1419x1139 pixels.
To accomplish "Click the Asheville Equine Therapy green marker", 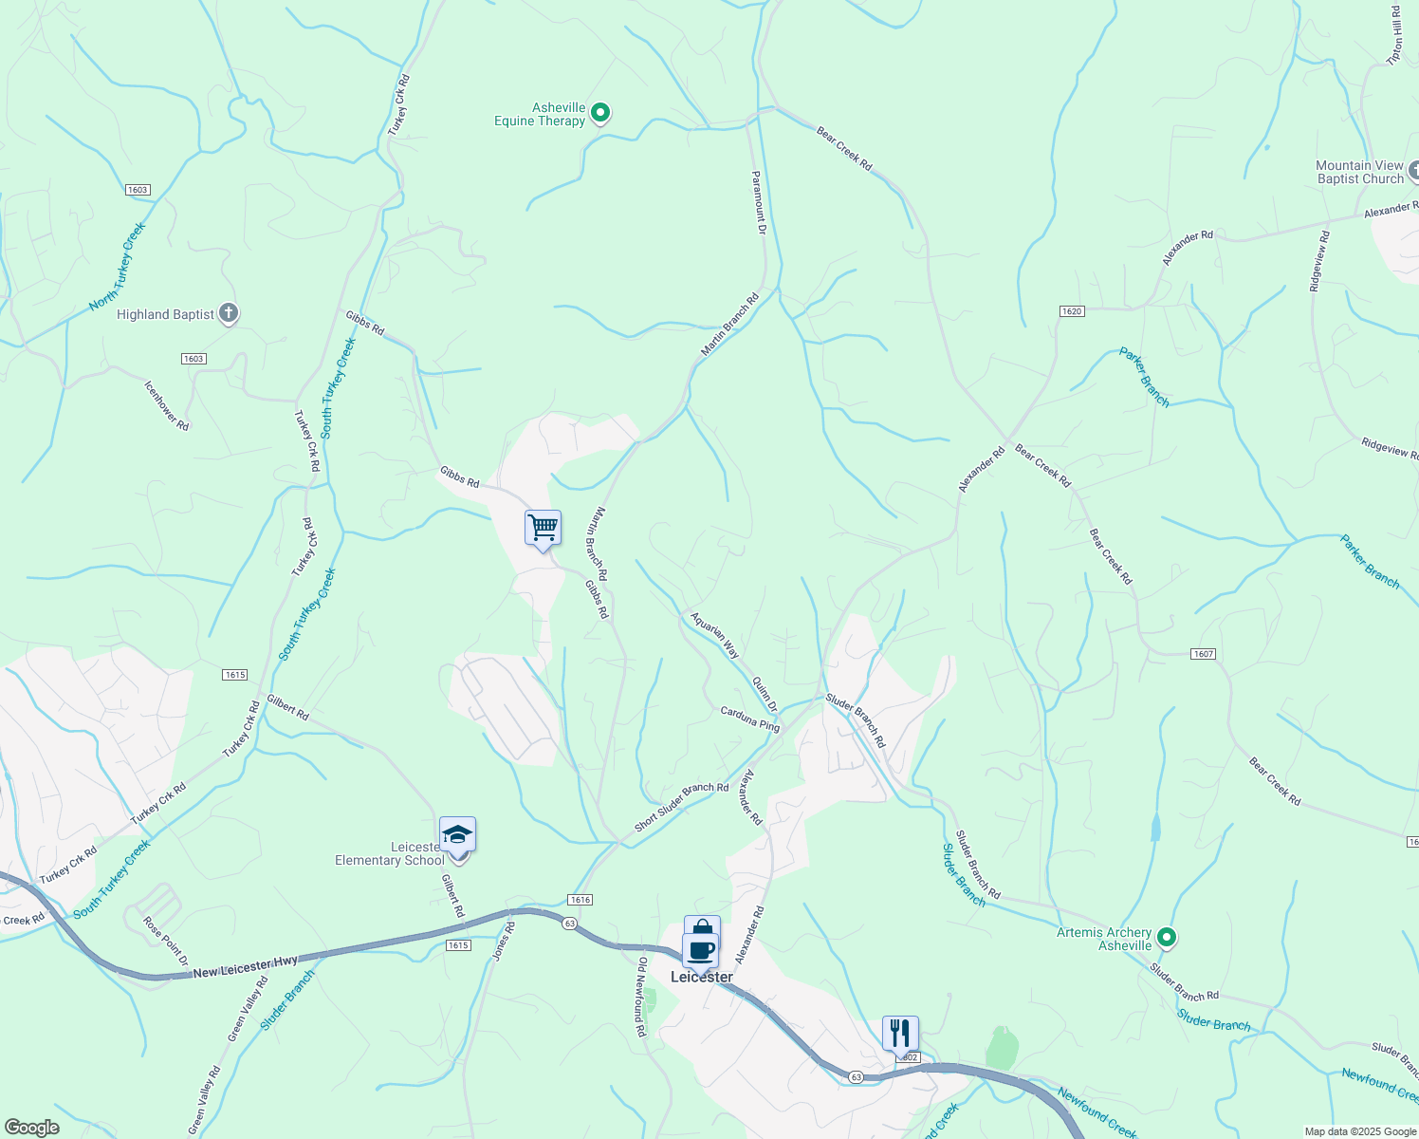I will pos(599,113).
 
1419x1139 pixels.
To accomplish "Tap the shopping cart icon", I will pos(543,527).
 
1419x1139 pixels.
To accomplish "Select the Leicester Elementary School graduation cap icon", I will pos(457,835).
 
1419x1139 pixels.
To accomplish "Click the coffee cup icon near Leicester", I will pos(701,949).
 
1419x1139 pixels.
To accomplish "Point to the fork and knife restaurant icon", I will pos(899,1033).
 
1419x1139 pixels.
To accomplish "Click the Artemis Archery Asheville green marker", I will pos(1168,938).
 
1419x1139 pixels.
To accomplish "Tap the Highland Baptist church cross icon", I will pos(228,313).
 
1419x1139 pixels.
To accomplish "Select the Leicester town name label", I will pos(702,977).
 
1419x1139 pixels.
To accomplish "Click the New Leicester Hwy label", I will pos(246,968).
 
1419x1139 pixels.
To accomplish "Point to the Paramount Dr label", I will pos(758,202).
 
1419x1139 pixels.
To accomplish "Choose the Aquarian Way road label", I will pos(715,635).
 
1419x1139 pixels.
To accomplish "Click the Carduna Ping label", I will pos(749,719).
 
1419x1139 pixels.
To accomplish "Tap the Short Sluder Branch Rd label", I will pos(681,807).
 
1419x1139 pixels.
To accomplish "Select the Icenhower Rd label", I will pos(167,405).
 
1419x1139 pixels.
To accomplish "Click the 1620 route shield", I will pos(1071,311).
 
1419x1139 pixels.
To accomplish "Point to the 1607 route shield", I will pos(1203,654).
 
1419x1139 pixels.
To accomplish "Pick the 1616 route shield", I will pos(580,900).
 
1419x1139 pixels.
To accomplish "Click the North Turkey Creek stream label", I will pos(118,267).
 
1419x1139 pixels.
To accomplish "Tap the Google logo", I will pos(32,1128).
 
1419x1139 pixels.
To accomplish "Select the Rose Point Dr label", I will pos(166,940).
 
